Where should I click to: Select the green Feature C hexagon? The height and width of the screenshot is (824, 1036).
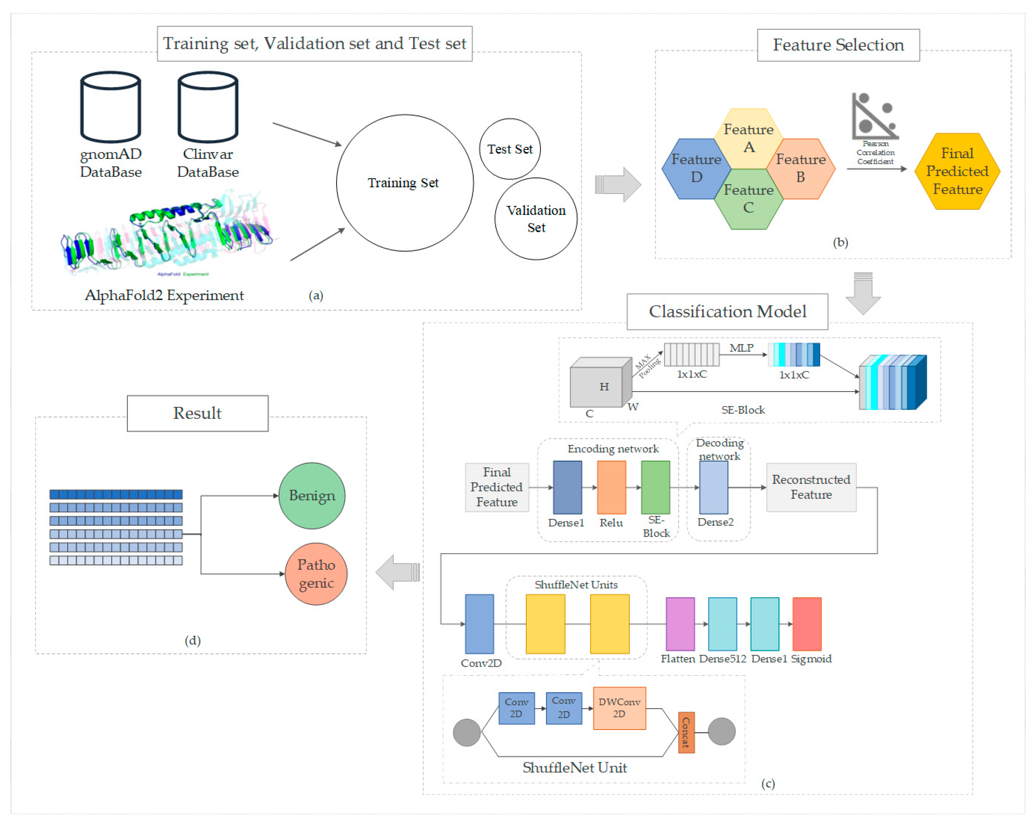point(748,199)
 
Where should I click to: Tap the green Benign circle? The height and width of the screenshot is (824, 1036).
point(312,496)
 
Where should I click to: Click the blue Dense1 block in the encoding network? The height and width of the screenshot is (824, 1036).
point(568,487)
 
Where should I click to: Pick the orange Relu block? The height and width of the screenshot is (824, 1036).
point(611,487)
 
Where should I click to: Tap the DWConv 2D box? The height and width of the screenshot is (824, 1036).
point(619,708)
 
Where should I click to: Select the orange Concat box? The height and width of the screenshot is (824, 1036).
point(686,732)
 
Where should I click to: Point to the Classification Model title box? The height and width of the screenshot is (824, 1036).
point(727,312)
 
